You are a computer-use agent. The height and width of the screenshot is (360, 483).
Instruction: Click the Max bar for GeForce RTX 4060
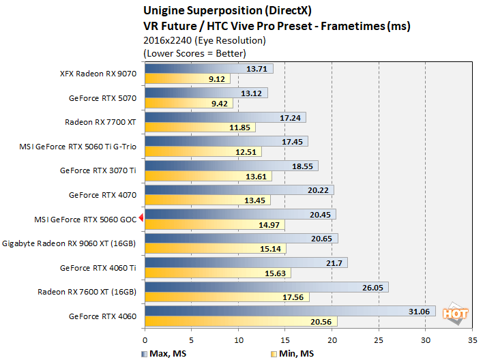[290, 312]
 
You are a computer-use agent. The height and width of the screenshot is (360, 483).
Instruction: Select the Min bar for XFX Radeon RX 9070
[188, 78]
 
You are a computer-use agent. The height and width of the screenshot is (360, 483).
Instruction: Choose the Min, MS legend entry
[295, 354]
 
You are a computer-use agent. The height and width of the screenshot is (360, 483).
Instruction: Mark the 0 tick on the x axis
[145, 339]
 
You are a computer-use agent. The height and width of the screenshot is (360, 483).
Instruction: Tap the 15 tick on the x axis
[285, 339]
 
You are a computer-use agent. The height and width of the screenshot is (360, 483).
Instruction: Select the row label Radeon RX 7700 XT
[101, 122]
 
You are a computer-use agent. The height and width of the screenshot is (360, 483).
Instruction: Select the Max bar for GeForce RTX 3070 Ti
[231, 166]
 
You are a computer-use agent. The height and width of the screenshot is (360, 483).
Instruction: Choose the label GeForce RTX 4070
[103, 194]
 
